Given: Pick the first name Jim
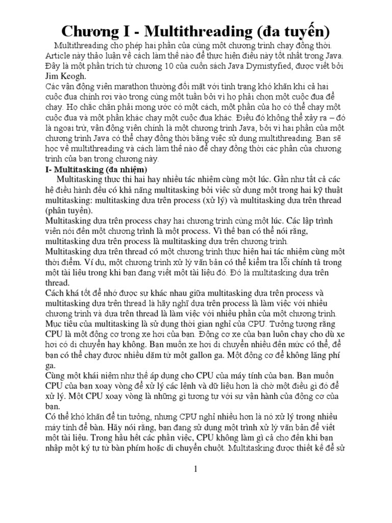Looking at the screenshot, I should pos(53,77).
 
